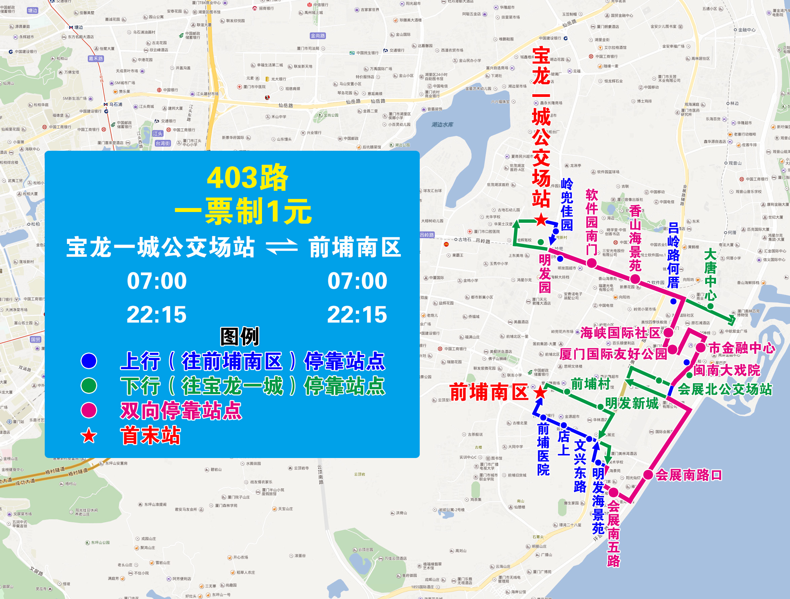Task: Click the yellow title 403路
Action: coord(247,178)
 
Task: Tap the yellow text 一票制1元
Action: coord(243,211)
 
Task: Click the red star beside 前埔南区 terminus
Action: coord(540,392)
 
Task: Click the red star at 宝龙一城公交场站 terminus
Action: coord(541,219)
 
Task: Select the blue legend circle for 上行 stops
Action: coord(89,361)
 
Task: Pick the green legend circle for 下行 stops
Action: coord(89,386)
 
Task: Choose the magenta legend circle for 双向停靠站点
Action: coord(89,410)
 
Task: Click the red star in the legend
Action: coord(89,436)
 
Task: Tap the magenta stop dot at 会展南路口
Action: coord(648,475)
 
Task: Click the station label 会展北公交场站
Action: coord(725,389)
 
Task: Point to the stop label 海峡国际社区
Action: coord(620,333)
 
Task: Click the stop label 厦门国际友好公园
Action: coord(613,354)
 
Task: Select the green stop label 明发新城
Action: coord(632,403)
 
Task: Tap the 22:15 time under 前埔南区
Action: coord(357,315)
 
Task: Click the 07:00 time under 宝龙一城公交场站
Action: coord(157,281)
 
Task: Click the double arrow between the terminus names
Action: coord(282,247)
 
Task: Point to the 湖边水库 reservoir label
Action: coord(442,125)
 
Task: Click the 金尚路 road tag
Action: coord(317,36)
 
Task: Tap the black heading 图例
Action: coord(240,336)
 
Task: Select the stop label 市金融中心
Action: coord(742,348)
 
